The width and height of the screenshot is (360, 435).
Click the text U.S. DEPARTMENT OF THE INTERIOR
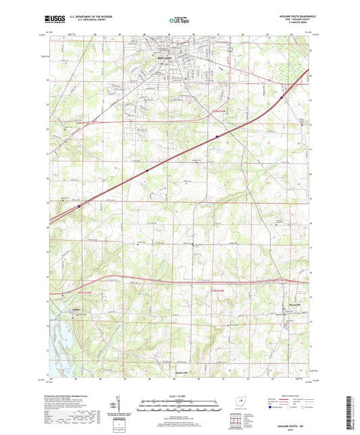click(x=86, y=20)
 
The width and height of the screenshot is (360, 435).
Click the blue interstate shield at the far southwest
click(x=78, y=206)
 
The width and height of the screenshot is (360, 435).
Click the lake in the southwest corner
click(x=57, y=338)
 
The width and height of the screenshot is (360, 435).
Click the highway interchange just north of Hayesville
click(x=279, y=279)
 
